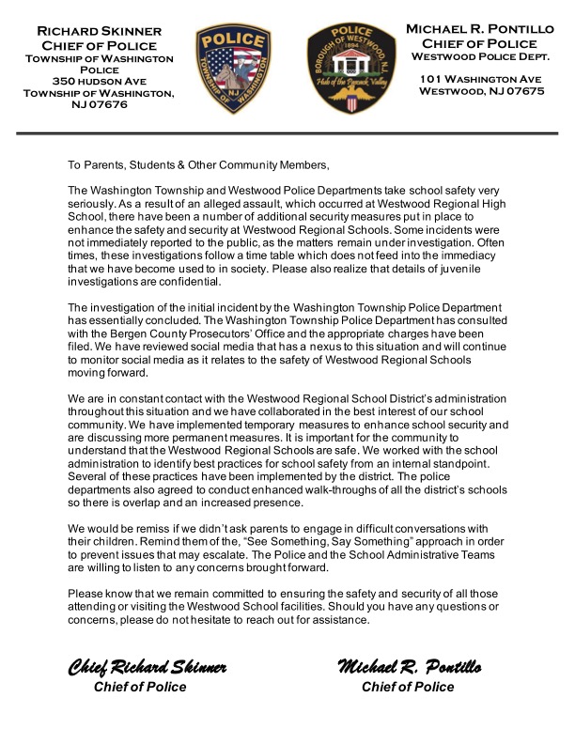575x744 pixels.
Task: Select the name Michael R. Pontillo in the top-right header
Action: click(x=487, y=31)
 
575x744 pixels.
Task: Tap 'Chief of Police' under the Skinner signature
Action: click(x=140, y=687)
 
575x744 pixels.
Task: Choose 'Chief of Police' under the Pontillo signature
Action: click(x=408, y=687)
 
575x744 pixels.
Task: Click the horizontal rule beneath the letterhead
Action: click(x=287, y=137)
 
